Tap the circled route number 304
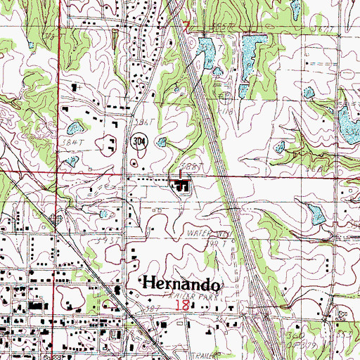pos(139,141)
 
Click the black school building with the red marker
pos(183,186)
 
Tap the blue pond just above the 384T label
pos(73,127)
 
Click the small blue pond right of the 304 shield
pos(162,141)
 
